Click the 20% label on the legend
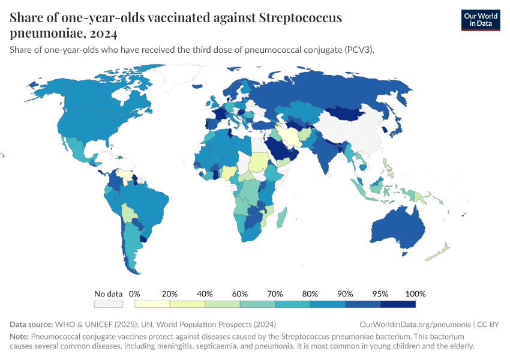[170, 294]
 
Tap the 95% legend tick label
[380, 294]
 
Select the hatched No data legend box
[109, 304]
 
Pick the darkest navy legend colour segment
[398, 304]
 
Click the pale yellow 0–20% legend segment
[152, 304]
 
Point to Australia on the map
[396, 231]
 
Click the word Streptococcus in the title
[301, 17]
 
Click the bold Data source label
[32, 325]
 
